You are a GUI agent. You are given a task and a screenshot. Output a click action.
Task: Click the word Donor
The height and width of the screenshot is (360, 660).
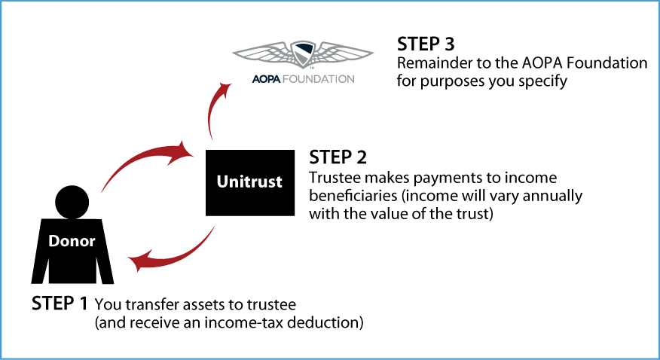72,242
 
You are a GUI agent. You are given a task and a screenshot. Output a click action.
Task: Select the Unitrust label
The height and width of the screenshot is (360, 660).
249,182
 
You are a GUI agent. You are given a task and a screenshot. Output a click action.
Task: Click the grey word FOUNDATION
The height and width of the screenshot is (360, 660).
317,78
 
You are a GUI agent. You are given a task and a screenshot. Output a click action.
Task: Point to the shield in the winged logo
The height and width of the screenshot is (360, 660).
303,54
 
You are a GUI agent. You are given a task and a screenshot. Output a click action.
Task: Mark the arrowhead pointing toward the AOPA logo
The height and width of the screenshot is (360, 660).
225,89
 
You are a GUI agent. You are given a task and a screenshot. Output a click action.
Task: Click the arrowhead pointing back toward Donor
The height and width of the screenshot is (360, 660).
138,263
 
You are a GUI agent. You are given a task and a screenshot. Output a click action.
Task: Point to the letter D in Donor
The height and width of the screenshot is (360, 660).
54,242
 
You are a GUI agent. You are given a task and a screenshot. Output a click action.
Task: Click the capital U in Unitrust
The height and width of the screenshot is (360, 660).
223,182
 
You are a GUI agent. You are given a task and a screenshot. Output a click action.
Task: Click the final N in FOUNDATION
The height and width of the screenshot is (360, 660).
350,78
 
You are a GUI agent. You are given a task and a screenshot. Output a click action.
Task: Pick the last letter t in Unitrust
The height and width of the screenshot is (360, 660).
278,182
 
